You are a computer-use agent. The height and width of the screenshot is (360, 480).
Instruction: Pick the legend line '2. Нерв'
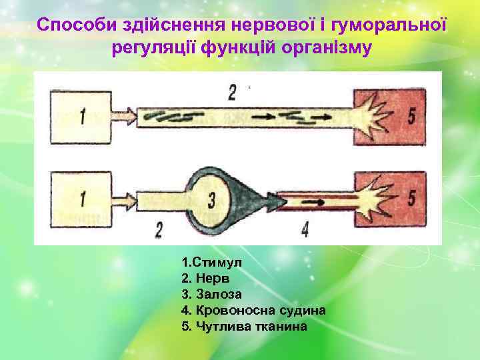[x=203, y=278]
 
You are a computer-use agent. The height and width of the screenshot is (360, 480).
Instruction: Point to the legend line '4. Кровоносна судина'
[x=253, y=310]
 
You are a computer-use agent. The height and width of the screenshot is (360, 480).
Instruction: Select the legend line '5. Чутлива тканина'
[x=244, y=326]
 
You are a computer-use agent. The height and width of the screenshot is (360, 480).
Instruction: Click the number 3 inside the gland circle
[x=211, y=199]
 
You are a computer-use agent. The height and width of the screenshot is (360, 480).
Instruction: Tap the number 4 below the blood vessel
[x=303, y=230]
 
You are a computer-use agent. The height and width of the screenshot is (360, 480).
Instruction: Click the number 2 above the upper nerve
[x=231, y=92]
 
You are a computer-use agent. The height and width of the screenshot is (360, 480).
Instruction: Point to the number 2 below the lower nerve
[x=158, y=230]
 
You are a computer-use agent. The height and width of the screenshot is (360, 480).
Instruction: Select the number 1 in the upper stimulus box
[x=82, y=117]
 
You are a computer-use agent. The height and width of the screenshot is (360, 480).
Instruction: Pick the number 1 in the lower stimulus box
[x=82, y=199]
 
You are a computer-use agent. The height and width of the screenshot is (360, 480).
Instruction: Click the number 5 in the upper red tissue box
[x=411, y=116]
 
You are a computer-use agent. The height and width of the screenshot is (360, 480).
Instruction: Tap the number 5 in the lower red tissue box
[x=411, y=198]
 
